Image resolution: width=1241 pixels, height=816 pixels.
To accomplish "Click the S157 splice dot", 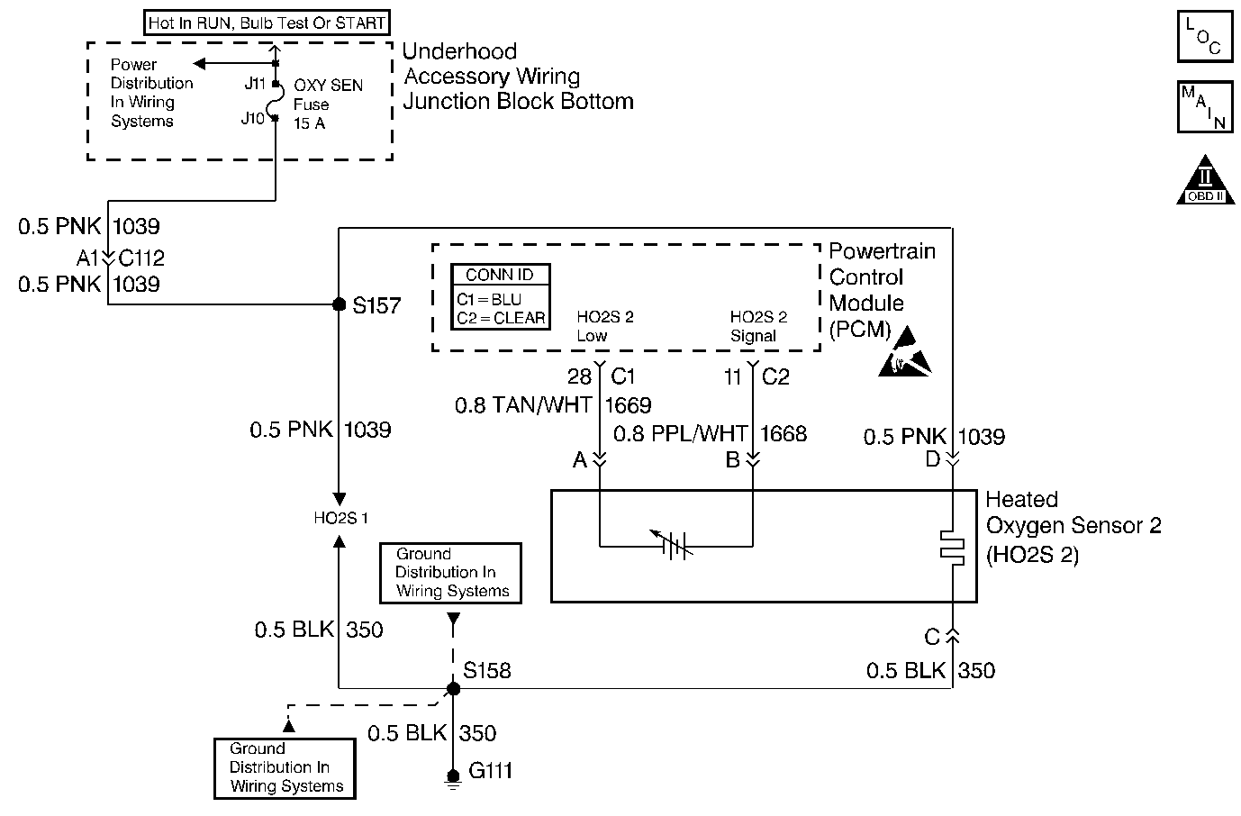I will point(340,304).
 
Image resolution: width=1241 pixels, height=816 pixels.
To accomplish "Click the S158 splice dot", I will point(454,689).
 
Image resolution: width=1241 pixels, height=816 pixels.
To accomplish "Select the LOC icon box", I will point(1204,38).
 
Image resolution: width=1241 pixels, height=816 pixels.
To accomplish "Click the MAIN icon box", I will point(1204,107).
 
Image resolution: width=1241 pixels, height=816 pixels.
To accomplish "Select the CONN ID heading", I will point(500,276).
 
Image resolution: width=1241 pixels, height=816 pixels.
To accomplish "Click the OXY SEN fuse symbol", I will point(274,101).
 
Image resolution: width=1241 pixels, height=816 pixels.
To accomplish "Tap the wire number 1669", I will point(629,406).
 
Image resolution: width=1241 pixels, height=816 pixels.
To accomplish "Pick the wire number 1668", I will point(784,434).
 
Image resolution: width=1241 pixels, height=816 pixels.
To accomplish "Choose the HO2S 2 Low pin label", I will point(604,326).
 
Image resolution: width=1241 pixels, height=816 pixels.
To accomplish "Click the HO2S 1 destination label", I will point(340,519).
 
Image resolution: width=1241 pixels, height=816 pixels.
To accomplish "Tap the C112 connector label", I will point(142,258).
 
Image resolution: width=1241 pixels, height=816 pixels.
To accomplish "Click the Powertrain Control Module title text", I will point(882,289).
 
